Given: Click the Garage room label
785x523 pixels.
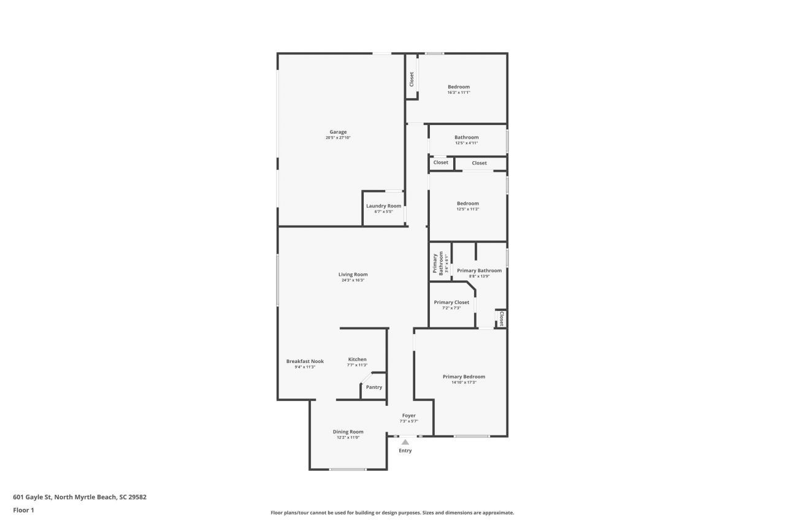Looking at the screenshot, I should click(338, 132).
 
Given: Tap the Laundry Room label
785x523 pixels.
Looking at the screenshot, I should click(384, 206).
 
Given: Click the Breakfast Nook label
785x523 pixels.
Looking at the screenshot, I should click(305, 362).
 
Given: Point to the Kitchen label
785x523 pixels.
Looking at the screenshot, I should click(358, 359).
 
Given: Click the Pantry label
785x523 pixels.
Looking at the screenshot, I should click(374, 387).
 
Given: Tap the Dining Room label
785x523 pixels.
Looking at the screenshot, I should click(348, 432).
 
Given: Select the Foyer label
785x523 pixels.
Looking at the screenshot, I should click(409, 416).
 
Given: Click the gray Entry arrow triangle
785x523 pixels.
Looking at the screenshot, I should click(405, 441).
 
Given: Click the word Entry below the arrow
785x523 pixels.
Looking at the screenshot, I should click(405, 451).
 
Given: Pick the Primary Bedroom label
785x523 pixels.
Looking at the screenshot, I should click(464, 377).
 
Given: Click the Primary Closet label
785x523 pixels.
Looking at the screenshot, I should click(452, 302).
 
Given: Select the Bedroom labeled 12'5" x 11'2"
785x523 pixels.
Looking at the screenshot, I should click(468, 204).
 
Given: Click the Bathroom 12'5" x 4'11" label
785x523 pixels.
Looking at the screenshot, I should click(467, 137).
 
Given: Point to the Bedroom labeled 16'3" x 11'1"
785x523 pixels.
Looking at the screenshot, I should click(459, 87).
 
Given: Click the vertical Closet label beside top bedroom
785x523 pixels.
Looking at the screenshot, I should click(412, 78).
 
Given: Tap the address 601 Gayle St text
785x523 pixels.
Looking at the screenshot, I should click(80, 497).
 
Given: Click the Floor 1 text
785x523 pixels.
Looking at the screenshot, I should click(23, 510).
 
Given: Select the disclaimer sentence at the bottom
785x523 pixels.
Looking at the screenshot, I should click(392, 513).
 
